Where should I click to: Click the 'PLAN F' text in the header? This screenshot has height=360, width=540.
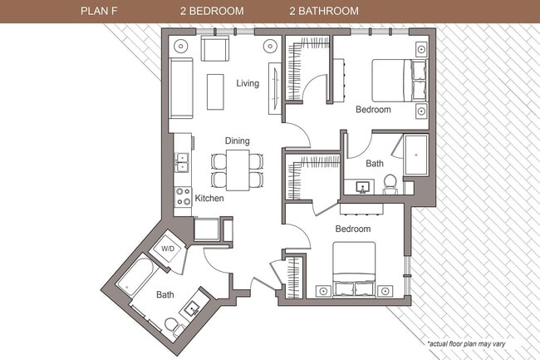[x=99, y=12]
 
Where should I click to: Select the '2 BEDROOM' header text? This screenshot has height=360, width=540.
[x=211, y=12]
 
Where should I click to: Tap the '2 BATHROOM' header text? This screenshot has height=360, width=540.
[x=324, y=12]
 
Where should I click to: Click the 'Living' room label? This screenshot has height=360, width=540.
[x=248, y=83]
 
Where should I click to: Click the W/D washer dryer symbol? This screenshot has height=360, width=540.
[x=169, y=249]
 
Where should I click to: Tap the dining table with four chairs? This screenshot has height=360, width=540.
[x=237, y=169]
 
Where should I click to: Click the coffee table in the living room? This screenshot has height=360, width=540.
[x=216, y=91]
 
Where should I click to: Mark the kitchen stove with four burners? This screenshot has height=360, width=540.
[x=182, y=197]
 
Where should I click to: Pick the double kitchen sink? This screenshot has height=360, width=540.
[x=181, y=161]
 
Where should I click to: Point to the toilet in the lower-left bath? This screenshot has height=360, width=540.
[x=172, y=327]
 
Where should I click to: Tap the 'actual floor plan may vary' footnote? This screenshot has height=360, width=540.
[x=479, y=343]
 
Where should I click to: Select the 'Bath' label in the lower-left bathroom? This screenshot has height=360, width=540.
[x=164, y=294]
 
